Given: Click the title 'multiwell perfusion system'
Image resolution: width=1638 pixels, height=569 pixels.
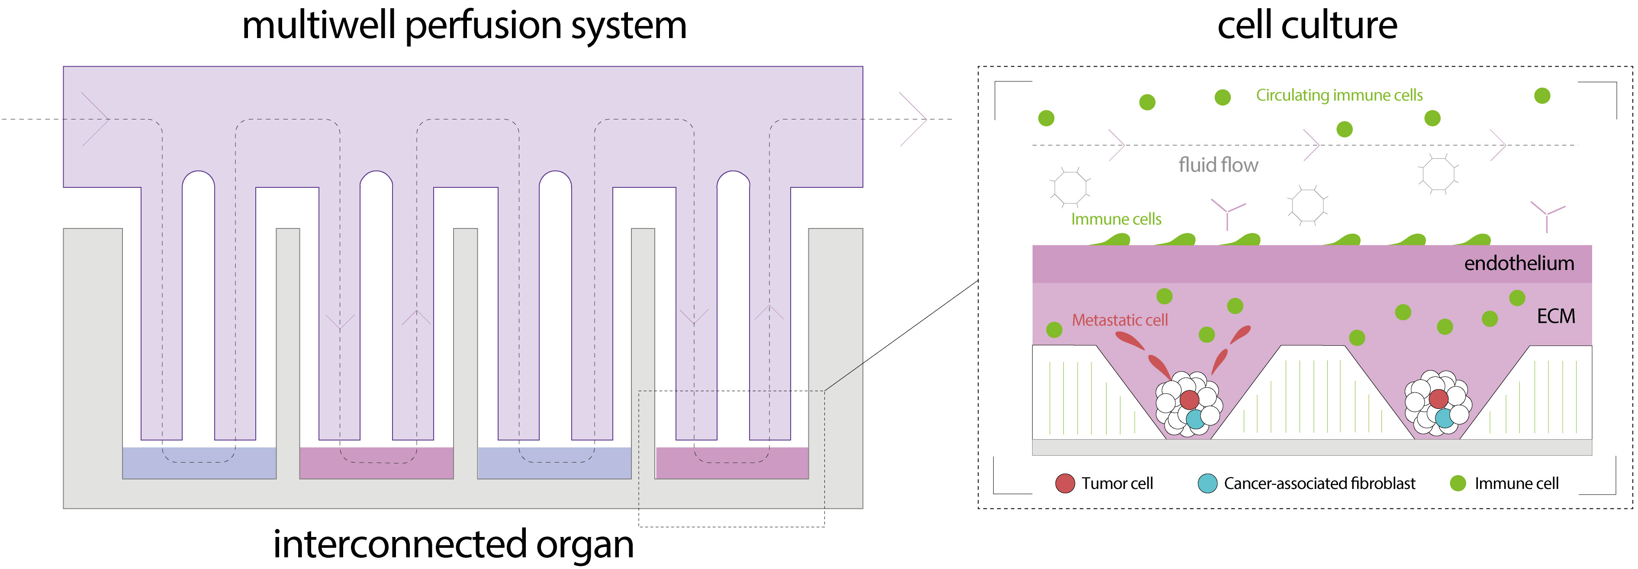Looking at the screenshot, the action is [x=464, y=27].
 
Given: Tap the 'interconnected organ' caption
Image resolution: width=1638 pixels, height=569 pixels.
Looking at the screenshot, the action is [x=454, y=545].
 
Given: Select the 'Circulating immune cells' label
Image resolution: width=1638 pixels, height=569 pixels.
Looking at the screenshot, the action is [x=1339, y=95].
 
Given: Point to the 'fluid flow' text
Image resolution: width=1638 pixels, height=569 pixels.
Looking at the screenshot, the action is [x=1218, y=165].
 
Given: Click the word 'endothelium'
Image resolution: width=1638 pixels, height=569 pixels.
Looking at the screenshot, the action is [x=1519, y=263].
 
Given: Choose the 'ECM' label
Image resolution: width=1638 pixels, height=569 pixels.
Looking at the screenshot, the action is [x=1556, y=316].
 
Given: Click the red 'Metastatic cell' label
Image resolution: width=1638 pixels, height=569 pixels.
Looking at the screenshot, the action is [x=1120, y=320].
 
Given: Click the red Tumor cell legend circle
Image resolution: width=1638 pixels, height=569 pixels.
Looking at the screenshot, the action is [x=1065, y=483].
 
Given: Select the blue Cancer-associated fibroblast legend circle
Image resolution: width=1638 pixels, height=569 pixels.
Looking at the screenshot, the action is [x=1207, y=483].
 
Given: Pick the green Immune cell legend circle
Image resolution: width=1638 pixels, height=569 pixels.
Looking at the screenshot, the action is [x=1458, y=483].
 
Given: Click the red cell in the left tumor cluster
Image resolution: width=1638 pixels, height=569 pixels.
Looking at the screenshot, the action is [x=1189, y=399].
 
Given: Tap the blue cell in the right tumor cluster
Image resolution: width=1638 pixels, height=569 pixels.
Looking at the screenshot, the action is [x=1444, y=418].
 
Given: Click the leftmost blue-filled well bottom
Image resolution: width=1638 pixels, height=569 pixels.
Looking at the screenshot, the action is [x=199, y=463].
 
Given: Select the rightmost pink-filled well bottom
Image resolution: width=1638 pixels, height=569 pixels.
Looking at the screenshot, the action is [x=732, y=463].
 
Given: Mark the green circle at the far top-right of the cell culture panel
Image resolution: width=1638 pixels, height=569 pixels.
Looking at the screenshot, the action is [x=1542, y=95].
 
